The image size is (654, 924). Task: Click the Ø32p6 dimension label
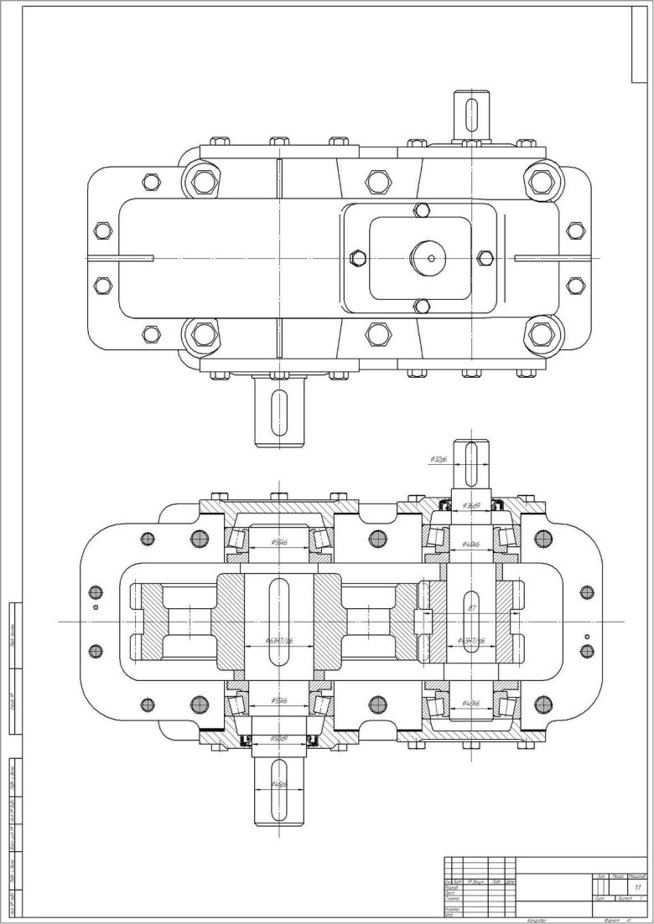pyautogui.click(x=437, y=459)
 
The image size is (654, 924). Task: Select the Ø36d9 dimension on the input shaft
pyautogui.click(x=472, y=505)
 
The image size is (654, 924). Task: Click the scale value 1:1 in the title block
pyautogui.click(x=638, y=886)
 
